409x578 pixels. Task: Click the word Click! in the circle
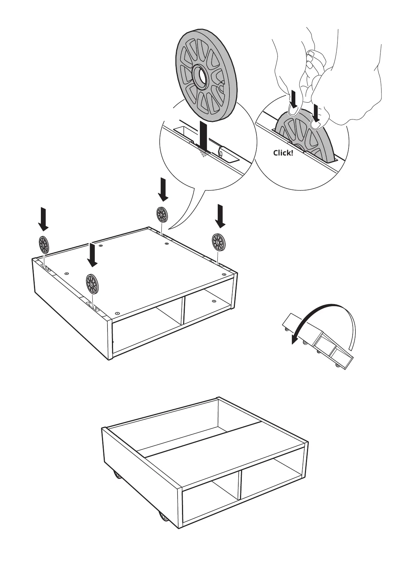point(283,153)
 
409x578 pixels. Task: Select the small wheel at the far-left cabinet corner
point(44,244)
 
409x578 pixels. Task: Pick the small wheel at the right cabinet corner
point(218,242)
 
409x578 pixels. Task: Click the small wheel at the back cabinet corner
point(162,215)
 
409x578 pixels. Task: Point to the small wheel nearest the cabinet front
point(92,284)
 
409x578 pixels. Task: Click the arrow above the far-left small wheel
point(43,219)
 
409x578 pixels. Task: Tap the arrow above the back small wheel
point(163,189)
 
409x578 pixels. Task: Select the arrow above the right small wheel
point(220,216)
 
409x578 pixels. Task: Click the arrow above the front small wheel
point(92,254)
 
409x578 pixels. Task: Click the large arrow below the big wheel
point(204,137)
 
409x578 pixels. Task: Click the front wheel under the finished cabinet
point(163,526)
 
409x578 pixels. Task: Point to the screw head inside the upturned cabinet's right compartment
point(214,301)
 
